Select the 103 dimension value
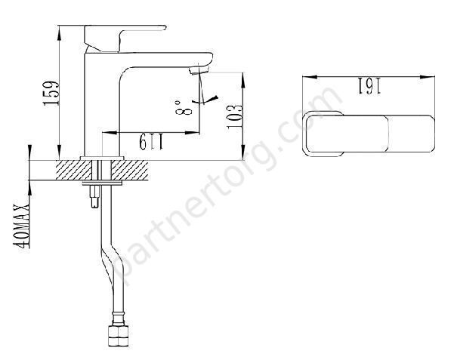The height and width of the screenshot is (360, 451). click(x=236, y=118)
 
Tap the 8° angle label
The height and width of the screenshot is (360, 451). click(x=181, y=112)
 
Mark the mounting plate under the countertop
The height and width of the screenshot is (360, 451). click(x=100, y=183)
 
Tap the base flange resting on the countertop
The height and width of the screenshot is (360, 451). click(x=100, y=156)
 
